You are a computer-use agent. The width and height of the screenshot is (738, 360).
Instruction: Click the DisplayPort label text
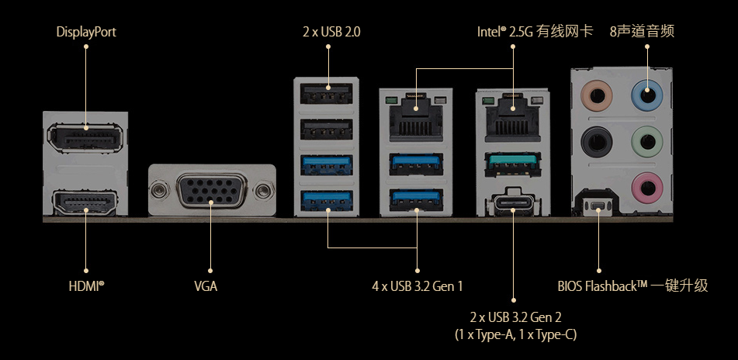pyautogui.click(x=86, y=33)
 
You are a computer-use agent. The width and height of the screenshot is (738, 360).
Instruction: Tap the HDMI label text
pyautogui.click(x=86, y=286)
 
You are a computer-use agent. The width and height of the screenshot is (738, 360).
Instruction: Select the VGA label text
pyautogui.click(x=206, y=286)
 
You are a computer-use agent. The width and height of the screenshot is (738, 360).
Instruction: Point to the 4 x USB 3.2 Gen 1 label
pyautogui.click(x=418, y=286)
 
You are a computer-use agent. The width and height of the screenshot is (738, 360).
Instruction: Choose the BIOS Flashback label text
pyautogui.click(x=632, y=286)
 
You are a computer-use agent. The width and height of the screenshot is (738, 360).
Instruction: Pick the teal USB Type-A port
pyautogui.click(x=514, y=163)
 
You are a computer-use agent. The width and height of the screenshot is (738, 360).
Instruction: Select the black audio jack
pyautogui.click(x=598, y=142)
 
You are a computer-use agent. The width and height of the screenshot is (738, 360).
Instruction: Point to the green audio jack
pyautogui.click(x=646, y=142)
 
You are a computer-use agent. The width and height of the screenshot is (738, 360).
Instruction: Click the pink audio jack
pyautogui.click(x=646, y=186)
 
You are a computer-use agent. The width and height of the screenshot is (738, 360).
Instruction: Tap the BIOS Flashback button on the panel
pyautogui.click(x=598, y=206)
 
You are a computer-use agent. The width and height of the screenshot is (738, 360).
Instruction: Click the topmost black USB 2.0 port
pyautogui.click(x=327, y=95)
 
